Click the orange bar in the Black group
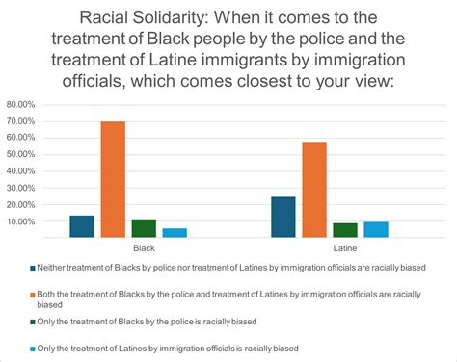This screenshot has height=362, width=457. tap(113, 179)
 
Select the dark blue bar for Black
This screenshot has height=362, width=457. tap(82, 226)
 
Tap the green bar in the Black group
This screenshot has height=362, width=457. tap(144, 228)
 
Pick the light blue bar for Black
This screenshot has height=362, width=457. tap(175, 232)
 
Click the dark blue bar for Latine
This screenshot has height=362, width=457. tap(283, 217)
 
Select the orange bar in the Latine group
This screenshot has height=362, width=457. tap(314, 190)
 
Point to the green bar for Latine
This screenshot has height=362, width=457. tap(345, 230)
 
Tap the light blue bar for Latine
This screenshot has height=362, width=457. tap(376, 229)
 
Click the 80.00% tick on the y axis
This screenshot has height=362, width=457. tap(20, 104)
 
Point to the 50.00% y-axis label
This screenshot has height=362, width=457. tap(20, 154)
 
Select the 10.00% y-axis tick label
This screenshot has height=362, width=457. tap(20, 221)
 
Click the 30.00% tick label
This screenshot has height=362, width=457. tap(20, 188)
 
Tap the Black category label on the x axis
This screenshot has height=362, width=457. tap(128, 247)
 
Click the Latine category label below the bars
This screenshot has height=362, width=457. tap(330, 247)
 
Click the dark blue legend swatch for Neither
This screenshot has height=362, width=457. tap(32, 268)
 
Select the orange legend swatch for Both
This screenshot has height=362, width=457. tap(32, 294)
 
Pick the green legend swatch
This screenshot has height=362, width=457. tap(32, 321)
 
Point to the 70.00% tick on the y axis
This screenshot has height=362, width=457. tap(20, 120)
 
